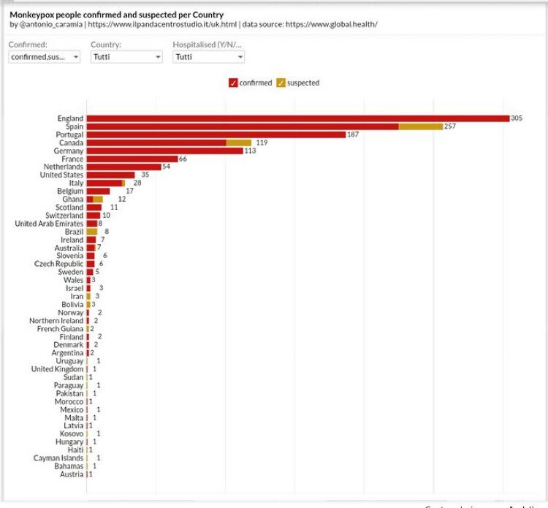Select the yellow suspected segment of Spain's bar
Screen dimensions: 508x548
pyautogui.click(x=421, y=126)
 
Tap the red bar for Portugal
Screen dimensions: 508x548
pyautogui.click(x=216, y=134)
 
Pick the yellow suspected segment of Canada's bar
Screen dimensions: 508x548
pyautogui.click(x=239, y=143)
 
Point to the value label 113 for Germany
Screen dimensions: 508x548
pyautogui.click(x=250, y=151)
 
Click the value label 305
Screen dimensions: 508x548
pyautogui.click(x=517, y=118)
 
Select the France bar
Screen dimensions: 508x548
pyautogui.click(x=132, y=159)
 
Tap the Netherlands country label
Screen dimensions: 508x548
pyautogui.click(x=64, y=167)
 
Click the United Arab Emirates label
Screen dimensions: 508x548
pyautogui.click(x=49, y=223)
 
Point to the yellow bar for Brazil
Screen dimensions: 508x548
pyautogui.click(x=92, y=231)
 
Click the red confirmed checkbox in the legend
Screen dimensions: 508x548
pyautogui.click(x=233, y=83)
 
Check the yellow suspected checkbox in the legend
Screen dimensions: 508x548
pyautogui.click(x=281, y=83)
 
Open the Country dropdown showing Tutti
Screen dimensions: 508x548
pyautogui.click(x=126, y=57)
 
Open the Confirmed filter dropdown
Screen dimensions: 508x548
pyautogui.click(x=44, y=57)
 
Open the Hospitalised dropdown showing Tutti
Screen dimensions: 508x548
pyautogui.click(x=208, y=57)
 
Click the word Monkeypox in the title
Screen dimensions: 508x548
pyautogui.click(x=33, y=14)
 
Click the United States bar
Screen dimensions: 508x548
pyautogui.click(x=111, y=175)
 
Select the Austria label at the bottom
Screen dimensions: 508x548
pyautogui.click(x=72, y=474)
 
